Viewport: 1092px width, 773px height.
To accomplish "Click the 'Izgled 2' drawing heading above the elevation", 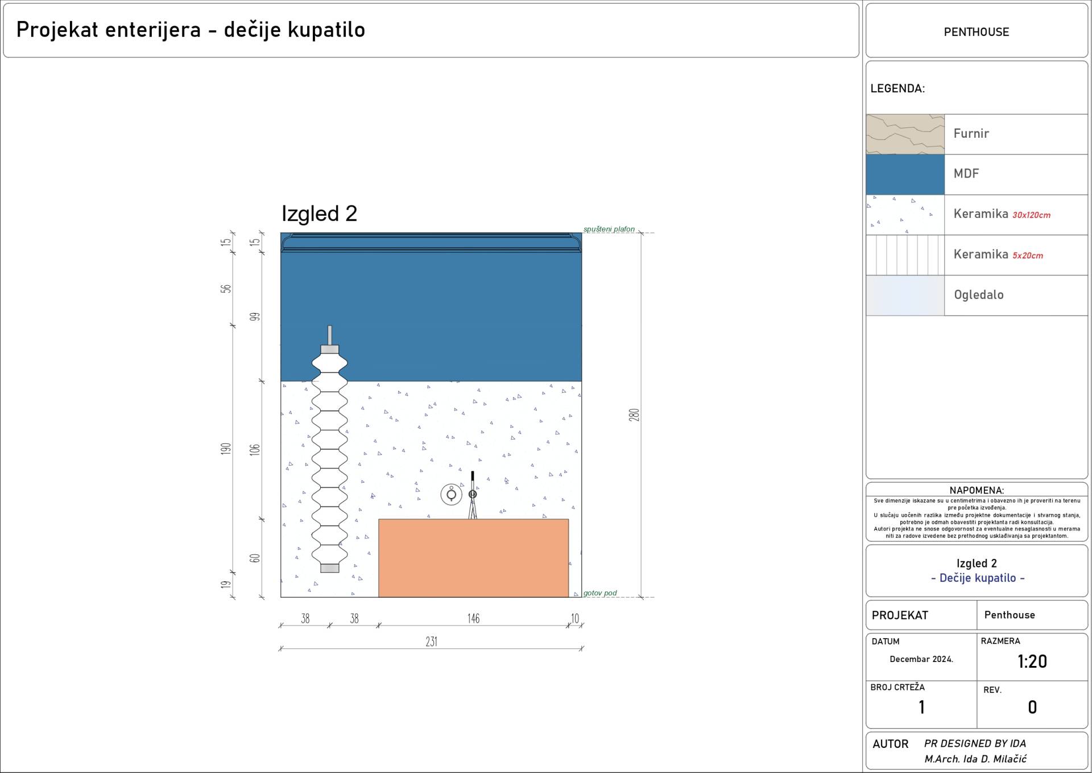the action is [319, 213].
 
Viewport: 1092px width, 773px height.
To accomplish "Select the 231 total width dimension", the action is [432, 642].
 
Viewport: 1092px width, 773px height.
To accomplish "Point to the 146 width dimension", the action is [473, 618].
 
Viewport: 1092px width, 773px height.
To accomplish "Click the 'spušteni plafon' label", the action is [609, 229].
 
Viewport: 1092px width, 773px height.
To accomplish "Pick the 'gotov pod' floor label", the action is [600, 593].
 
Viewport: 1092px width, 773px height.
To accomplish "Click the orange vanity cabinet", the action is [473, 558].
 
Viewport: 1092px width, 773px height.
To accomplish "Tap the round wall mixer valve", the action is [452, 495].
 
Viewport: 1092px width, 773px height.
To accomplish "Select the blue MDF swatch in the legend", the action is [905, 175].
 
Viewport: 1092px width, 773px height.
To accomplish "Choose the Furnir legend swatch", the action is [905, 134].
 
